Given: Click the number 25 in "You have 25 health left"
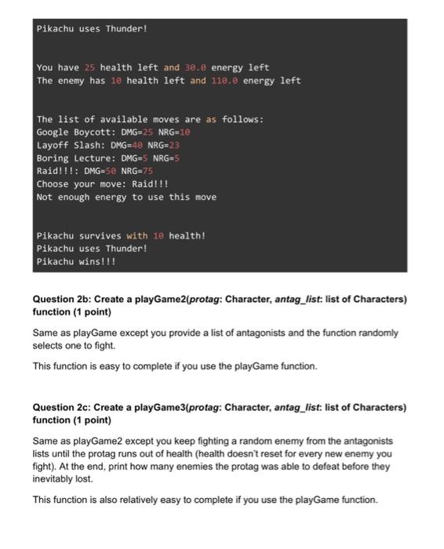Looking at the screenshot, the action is click(89, 67).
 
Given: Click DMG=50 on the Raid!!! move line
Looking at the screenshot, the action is click(102, 171).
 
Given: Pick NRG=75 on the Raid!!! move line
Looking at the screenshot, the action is click(140, 171).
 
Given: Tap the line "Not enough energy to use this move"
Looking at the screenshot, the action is click(126, 197).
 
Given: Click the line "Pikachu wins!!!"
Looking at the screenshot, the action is click(76, 261).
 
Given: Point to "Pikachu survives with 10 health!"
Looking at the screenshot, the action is click(121, 235).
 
